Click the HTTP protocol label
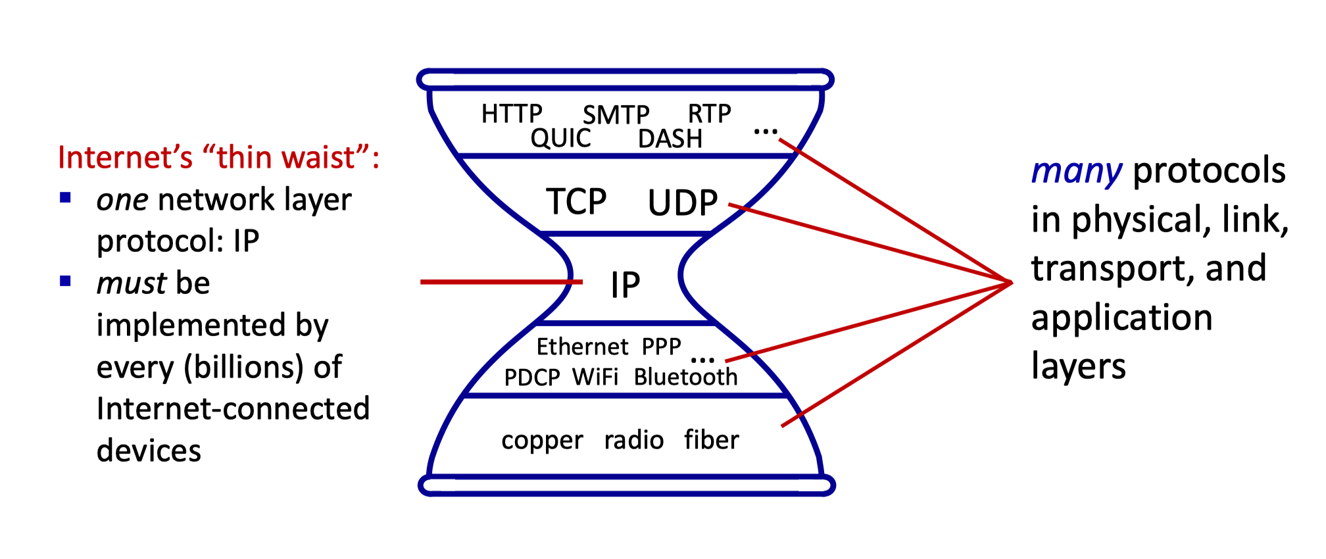[x=511, y=114]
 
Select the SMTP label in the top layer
[x=616, y=115]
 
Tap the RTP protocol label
[x=709, y=114]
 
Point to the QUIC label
[x=560, y=138]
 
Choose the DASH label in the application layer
[x=670, y=139]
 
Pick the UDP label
[x=682, y=203]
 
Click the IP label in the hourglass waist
[x=625, y=285]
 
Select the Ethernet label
[x=582, y=347]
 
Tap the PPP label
[x=661, y=347]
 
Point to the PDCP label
[x=531, y=377]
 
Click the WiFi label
[x=595, y=377]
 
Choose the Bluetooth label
[x=685, y=377]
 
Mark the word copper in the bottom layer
[x=542, y=440]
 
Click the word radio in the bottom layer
[x=634, y=440]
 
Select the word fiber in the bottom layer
[x=711, y=439]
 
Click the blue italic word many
[x=1076, y=172]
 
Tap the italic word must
[x=132, y=283]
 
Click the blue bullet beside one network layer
[x=65, y=198]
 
